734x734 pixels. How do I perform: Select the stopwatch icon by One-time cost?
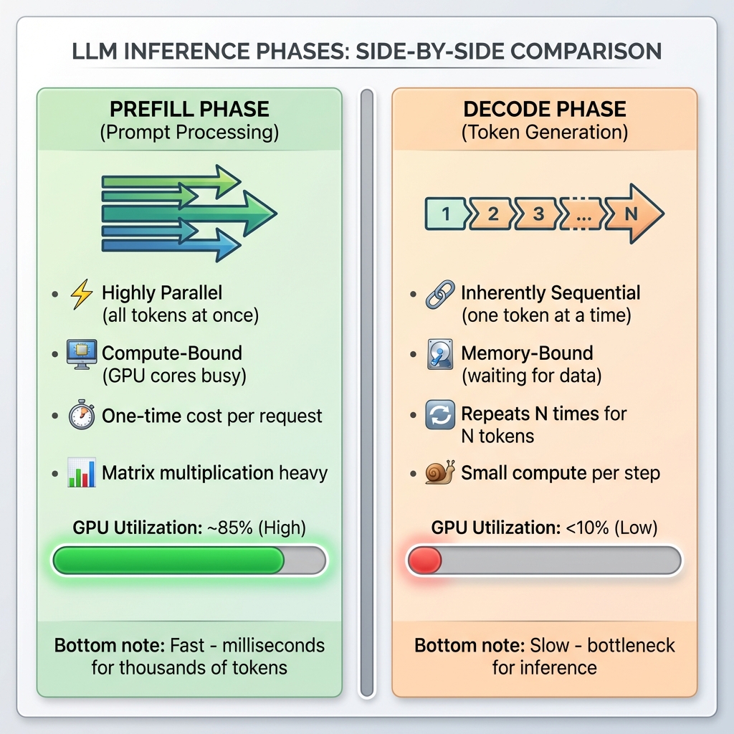point(81,416)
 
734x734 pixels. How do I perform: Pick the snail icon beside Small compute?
point(439,473)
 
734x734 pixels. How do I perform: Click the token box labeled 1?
point(446,213)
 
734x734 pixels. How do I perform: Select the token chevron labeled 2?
point(492,213)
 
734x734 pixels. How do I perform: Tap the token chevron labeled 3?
point(538,213)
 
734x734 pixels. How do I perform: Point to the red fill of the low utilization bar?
point(424,561)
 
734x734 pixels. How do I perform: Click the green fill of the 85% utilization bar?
point(169,561)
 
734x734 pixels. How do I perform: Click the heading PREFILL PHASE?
point(189,110)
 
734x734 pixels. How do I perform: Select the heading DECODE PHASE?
point(545,110)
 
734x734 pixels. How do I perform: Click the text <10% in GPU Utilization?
point(581,528)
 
